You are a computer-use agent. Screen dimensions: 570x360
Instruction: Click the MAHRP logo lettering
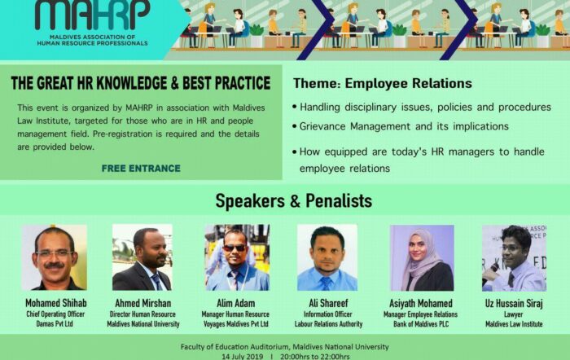[92, 15]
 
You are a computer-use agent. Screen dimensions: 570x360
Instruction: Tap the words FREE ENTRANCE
[141, 169]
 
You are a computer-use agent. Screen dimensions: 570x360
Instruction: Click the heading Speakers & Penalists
[294, 200]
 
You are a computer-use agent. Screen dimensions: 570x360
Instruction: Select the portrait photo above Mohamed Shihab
[55, 257]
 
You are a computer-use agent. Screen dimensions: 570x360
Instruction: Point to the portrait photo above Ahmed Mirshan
[142, 257]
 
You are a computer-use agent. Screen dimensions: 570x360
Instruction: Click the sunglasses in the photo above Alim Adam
[234, 248]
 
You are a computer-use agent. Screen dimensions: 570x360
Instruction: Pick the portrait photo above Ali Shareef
[327, 257]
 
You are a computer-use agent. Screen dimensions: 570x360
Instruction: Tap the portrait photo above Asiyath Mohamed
[422, 258]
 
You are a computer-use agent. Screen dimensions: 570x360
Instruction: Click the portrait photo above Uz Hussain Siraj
[514, 258]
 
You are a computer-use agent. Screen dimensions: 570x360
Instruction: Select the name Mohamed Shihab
[56, 303]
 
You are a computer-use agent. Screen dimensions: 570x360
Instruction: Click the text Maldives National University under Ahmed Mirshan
[142, 324]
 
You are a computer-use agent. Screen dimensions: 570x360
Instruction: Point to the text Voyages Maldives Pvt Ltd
[235, 324]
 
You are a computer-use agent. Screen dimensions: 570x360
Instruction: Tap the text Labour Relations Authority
[328, 324]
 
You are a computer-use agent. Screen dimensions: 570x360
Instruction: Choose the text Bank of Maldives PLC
[421, 324]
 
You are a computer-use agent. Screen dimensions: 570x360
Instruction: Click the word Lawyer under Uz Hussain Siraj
[513, 314]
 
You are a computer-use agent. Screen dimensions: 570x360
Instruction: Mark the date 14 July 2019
[243, 357]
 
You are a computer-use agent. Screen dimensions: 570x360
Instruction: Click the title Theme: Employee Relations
[383, 83]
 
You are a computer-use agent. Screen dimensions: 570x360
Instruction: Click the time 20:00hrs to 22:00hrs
[315, 357]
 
